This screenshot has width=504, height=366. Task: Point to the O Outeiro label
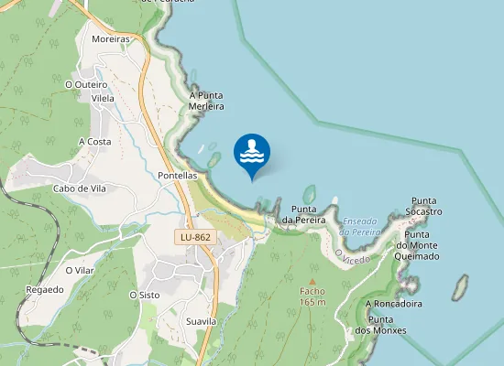pos(86,84)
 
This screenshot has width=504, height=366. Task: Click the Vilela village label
pos(103,98)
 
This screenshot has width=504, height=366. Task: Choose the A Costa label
pos(94,142)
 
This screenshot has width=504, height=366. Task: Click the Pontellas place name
pos(178,175)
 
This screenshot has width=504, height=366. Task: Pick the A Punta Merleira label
pos(206,101)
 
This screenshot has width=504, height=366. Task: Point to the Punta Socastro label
pos(426,206)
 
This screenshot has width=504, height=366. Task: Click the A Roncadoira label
pos(393,304)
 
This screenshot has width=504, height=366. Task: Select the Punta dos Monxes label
pos(380,324)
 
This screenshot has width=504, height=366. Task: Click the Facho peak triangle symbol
pos(312,282)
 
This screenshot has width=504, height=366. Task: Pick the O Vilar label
pos(81,271)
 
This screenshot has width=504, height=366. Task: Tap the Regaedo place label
pos(45,289)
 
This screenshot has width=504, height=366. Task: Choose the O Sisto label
pos(145,295)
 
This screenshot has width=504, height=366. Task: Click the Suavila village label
pos(200,322)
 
